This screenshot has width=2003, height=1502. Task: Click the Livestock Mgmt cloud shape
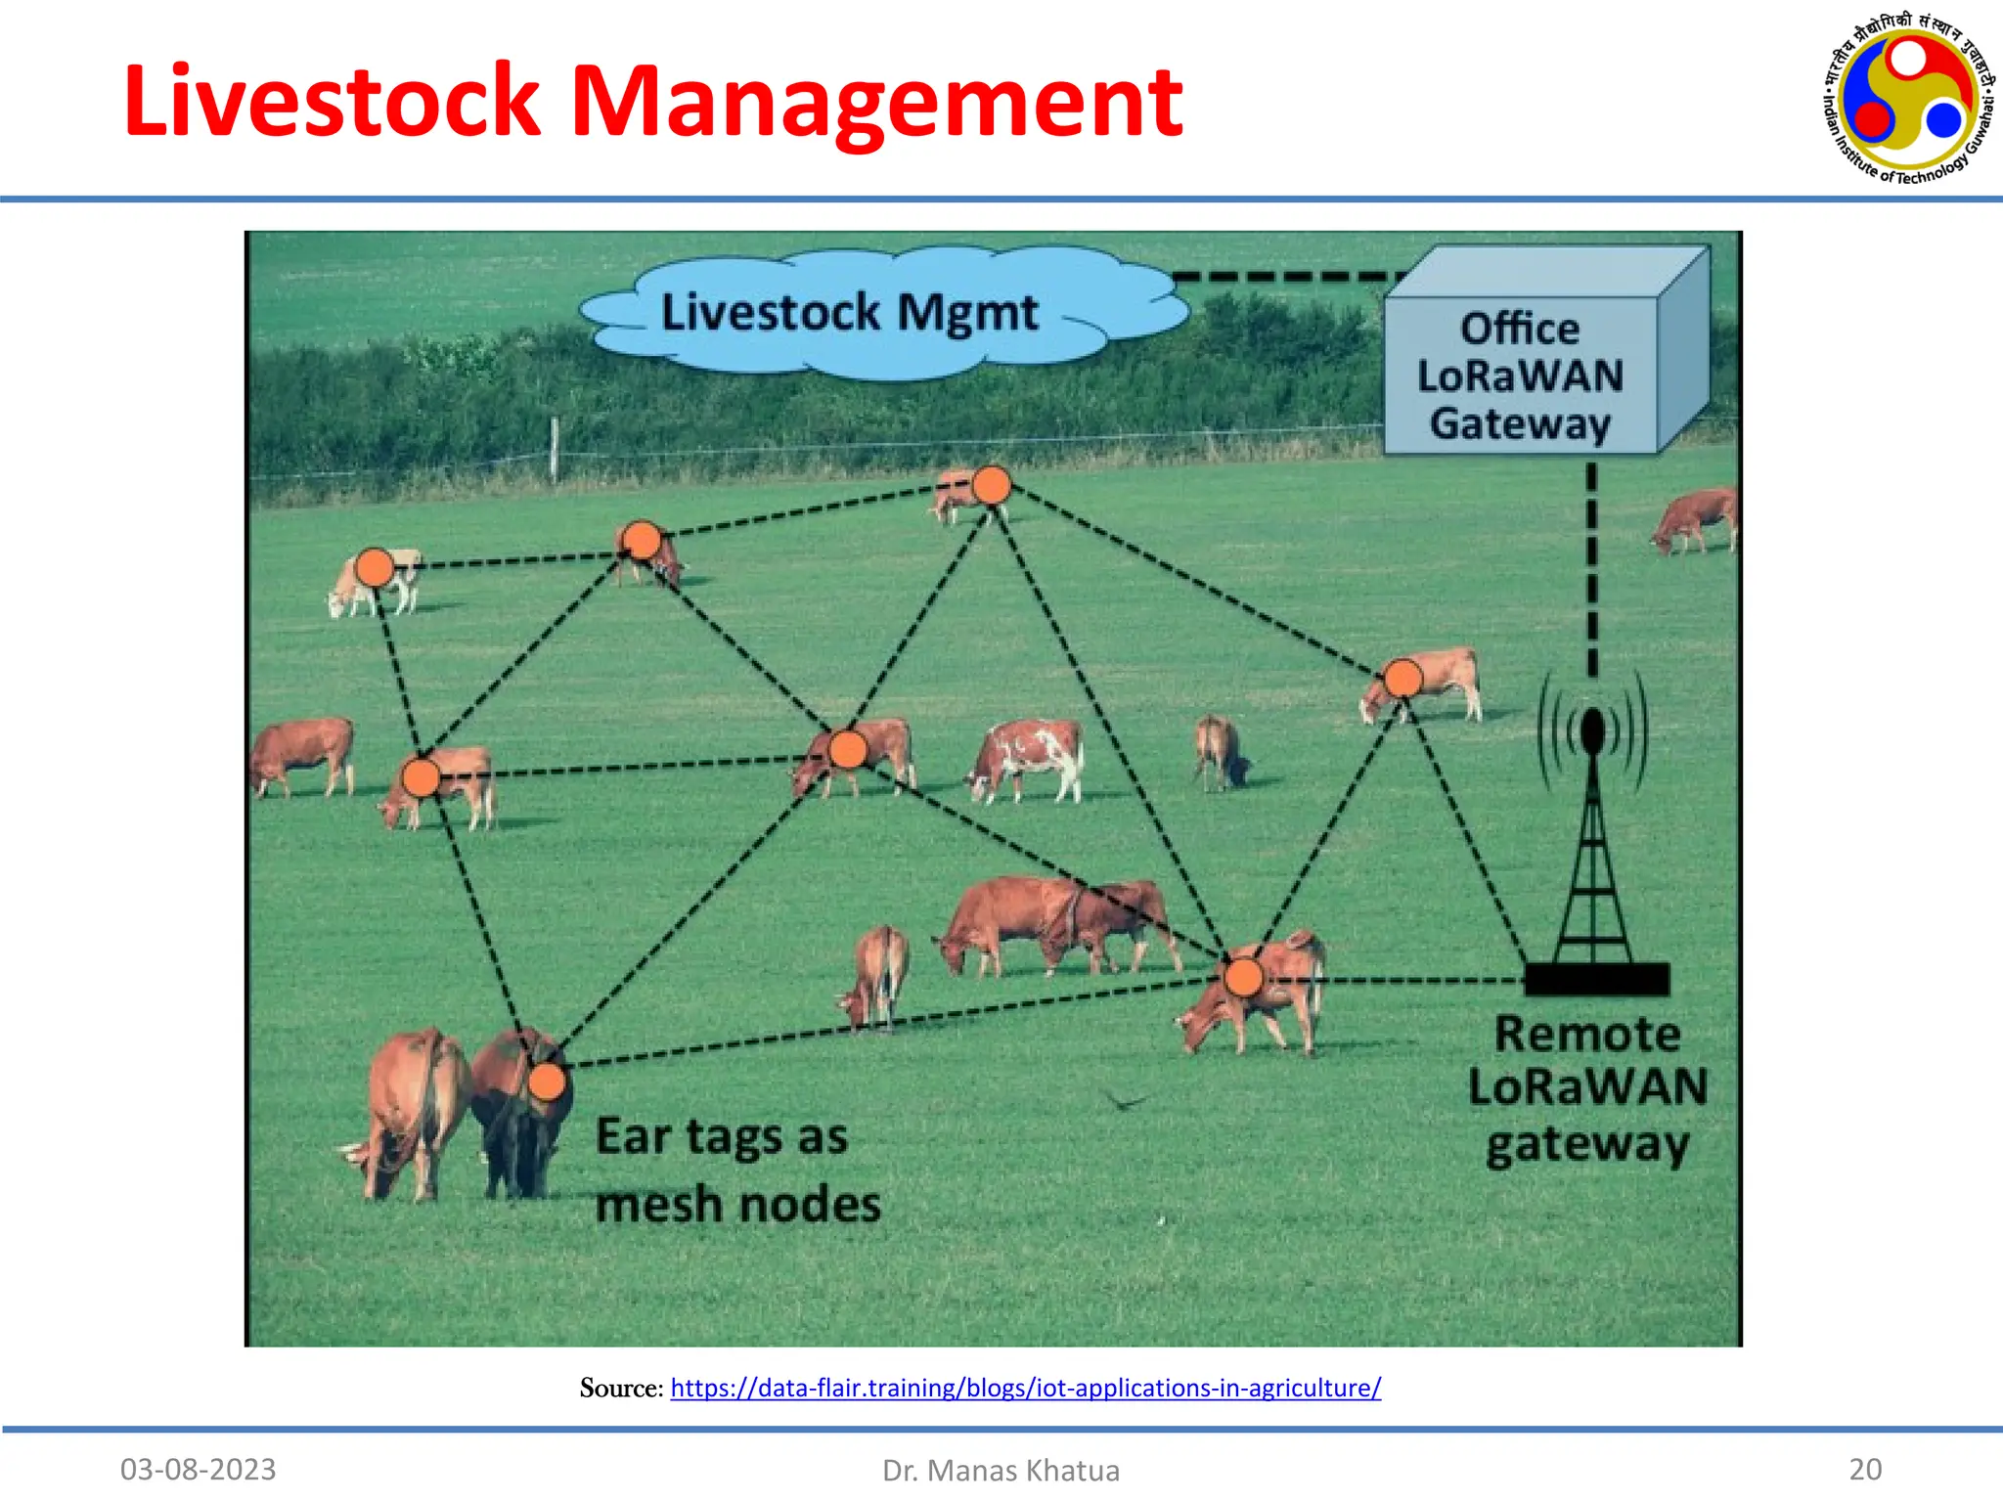click(x=849, y=313)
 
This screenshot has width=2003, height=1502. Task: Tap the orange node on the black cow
click(x=547, y=1082)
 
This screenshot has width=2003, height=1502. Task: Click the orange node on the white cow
click(x=374, y=567)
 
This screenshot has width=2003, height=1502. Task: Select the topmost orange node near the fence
click(x=991, y=485)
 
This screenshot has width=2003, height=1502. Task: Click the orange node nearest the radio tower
click(x=1402, y=678)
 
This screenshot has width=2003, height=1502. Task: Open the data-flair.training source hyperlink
click(x=1025, y=1388)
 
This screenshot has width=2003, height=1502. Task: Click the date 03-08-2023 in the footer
click(x=199, y=1469)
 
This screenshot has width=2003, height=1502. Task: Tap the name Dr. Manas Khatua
click(x=1001, y=1470)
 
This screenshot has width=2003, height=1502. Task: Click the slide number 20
click(x=1865, y=1469)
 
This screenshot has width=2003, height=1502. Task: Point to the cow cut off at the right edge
click(x=1697, y=518)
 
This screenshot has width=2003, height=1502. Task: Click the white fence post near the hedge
click(x=555, y=450)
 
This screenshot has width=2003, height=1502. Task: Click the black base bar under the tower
click(x=1596, y=979)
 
